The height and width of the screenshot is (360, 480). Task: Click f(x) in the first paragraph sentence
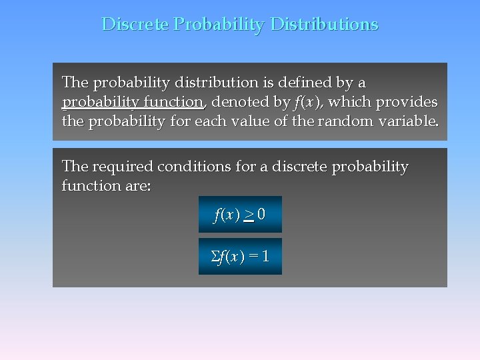307,102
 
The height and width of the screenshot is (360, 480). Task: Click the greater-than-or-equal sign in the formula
248,215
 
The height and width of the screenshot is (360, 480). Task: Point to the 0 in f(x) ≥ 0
261,215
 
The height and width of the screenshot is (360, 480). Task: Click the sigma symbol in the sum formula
215,257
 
